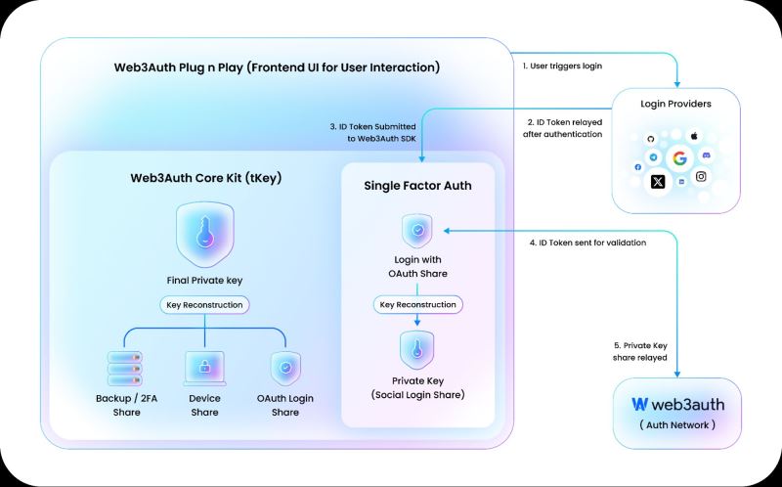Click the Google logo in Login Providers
coord(679,158)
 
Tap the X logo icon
coord(658,182)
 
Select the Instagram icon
coord(701,176)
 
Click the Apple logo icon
coord(694,136)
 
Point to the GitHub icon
coord(650,139)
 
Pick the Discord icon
coord(706,155)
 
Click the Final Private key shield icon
coord(204,235)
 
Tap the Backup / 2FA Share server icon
coord(125,369)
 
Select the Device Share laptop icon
coord(204,369)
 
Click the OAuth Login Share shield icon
coord(285,369)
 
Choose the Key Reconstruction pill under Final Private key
coord(204,305)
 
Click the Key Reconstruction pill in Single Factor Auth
coord(418,304)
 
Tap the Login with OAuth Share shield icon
coord(417,231)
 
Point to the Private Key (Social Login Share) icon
coord(417,350)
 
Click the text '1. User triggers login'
coord(562,66)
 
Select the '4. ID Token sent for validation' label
coord(587,243)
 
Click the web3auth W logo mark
coord(639,404)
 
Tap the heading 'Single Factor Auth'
coord(417,186)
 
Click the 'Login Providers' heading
coord(675,104)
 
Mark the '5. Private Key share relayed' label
coord(640,351)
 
